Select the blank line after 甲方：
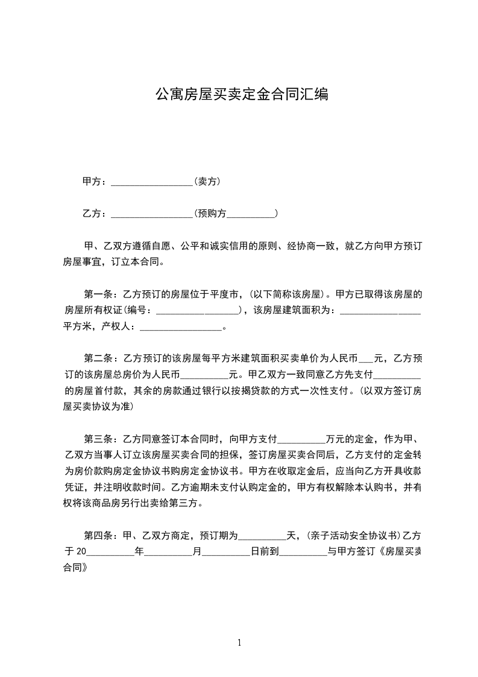pyautogui.click(x=151, y=182)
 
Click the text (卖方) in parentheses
pyautogui.click(x=206, y=181)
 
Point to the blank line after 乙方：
pyautogui.click(x=151, y=214)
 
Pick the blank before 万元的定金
pyautogui.click(x=300, y=439)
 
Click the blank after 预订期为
pyautogui.click(x=262, y=535)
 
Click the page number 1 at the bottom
pyautogui.click(x=239, y=643)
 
